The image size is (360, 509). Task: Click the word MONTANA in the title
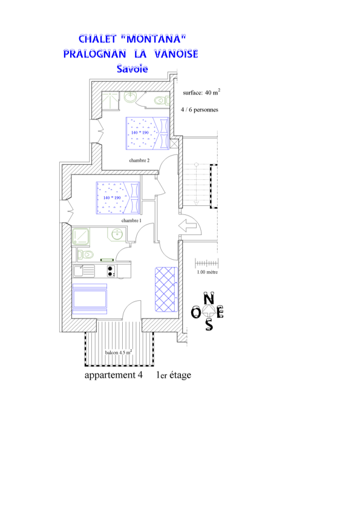tap(153, 39)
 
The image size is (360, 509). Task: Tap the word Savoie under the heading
tap(132, 68)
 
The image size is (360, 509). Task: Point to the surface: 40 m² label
tap(201, 92)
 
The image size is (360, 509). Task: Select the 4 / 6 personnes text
tap(199, 110)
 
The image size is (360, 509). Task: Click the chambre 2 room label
tap(139, 160)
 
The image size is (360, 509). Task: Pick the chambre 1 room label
tap(131, 220)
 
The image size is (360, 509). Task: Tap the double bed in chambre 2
tap(148, 133)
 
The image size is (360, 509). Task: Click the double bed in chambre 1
tap(118, 198)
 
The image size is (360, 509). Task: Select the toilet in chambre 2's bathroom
tap(162, 100)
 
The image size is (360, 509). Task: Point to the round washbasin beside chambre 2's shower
tap(130, 97)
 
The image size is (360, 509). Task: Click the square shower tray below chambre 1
tap(80, 236)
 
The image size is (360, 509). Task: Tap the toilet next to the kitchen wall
tap(85, 254)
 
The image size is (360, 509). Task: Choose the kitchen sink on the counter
tap(83, 271)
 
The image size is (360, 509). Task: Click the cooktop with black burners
tap(111, 271)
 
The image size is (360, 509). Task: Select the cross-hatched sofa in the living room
tap(166, 289)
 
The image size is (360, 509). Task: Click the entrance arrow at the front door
tap(188, 225)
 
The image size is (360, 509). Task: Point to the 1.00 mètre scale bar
tap(207, 263)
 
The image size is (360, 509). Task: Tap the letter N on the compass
tap(209, 298)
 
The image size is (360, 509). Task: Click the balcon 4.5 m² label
tap(118, 352)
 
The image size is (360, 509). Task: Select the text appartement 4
tap(113, 375)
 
